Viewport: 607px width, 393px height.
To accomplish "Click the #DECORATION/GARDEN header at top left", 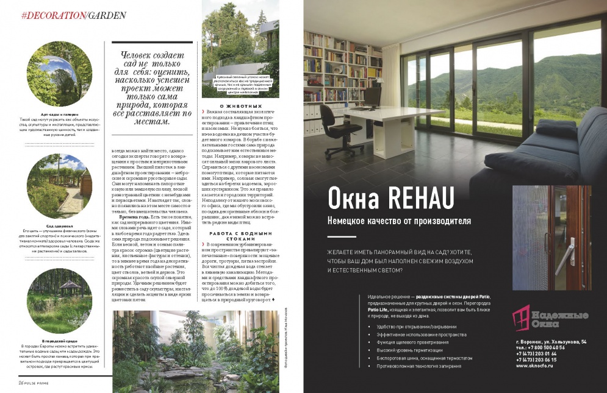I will [x=73, y=15].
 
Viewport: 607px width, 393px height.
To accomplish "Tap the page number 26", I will [x=20, y=382].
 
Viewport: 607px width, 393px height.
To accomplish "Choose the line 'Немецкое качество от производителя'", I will [x=398, y=221].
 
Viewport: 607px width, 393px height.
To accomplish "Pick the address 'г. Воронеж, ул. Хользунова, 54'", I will [x=550, y=342].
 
